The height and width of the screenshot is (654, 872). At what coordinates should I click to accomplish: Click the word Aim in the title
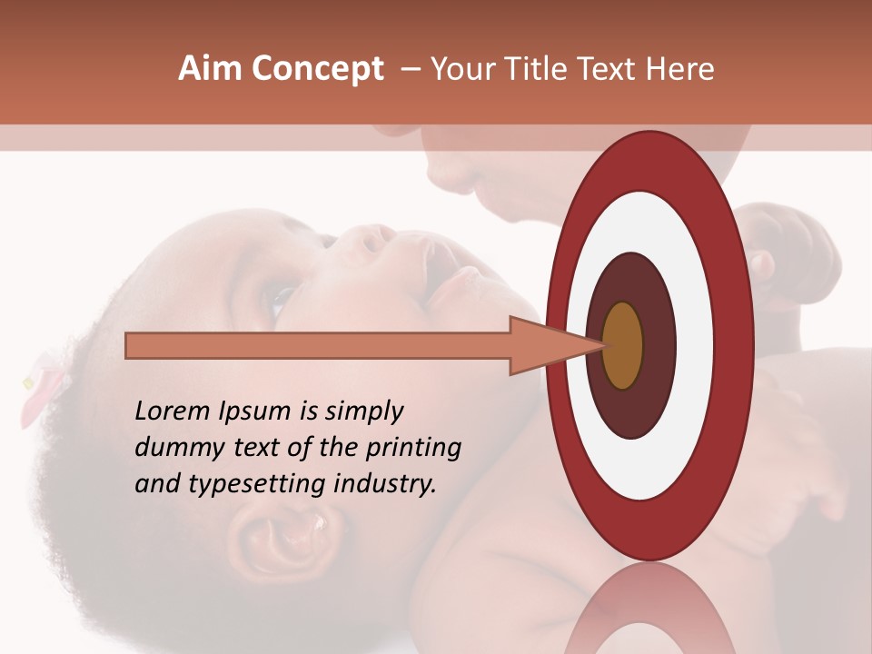coord(210,69)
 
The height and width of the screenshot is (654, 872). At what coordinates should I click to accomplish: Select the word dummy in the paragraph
coord(172,448)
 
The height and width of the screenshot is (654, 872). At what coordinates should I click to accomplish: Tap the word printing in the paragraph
coord(413,448)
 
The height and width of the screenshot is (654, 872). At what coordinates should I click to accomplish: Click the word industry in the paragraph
coord(387,484)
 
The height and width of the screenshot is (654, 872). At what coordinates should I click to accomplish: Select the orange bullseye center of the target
coord(622,345)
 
